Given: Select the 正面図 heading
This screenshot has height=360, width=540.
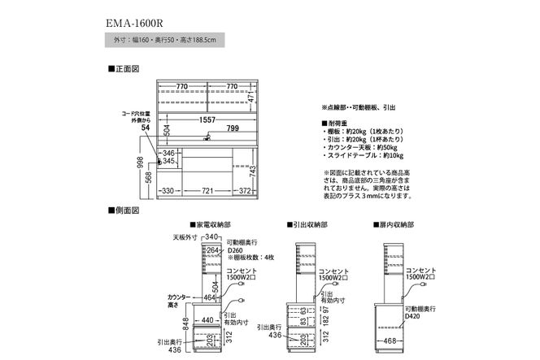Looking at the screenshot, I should (124, 71).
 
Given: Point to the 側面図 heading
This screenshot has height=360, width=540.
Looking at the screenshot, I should (124, 210).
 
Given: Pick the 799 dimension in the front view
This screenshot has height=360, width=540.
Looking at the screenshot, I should (233, 128).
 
